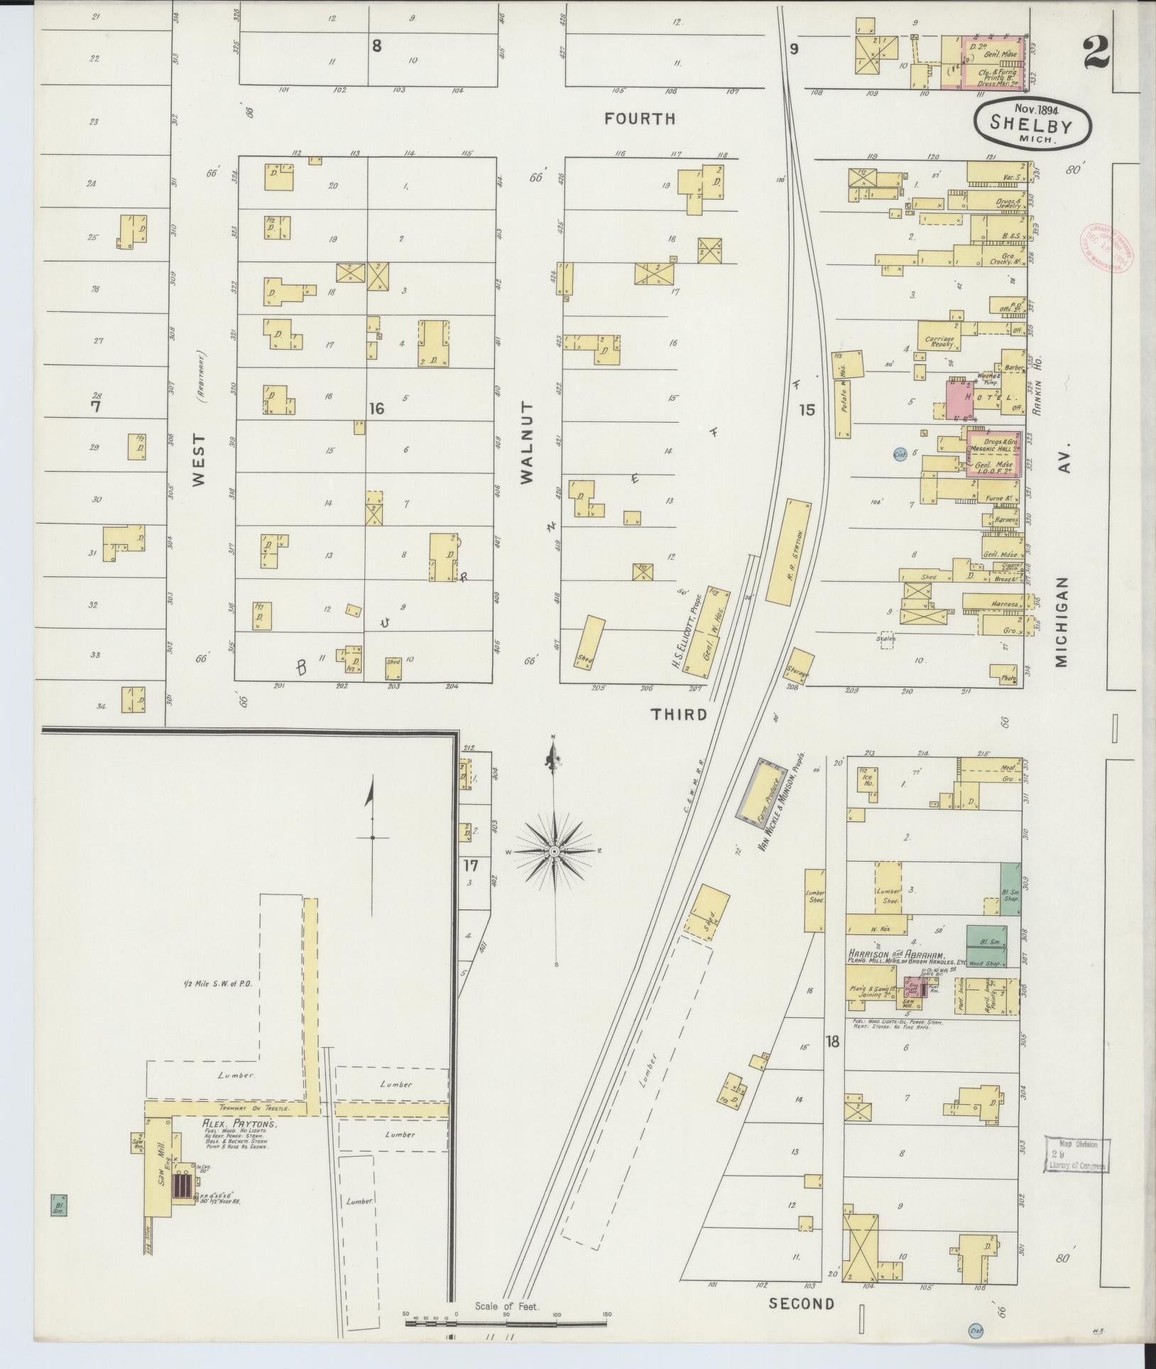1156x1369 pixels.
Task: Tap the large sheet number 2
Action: (x=1097, y=54)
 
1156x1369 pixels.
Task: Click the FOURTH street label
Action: (x=640, y=119)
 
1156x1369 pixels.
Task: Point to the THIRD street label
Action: (x=680, y=714)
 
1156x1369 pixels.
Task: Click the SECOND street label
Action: (x=802, y=1304)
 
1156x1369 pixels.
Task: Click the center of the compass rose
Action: (x=554, y=850)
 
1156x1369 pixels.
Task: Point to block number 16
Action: (x=376, y=408)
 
